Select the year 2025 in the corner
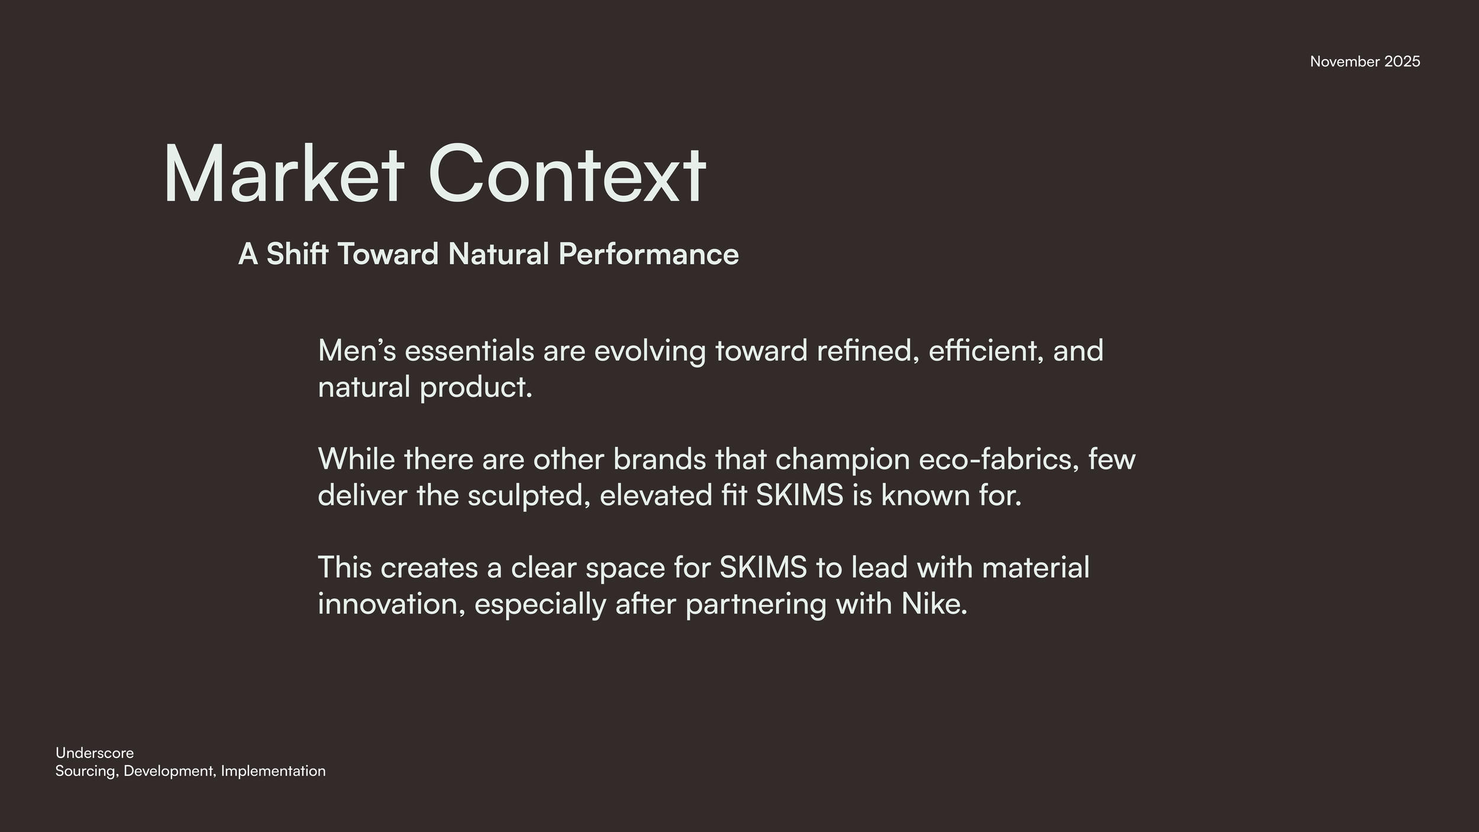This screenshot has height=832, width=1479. tap(1402, 62)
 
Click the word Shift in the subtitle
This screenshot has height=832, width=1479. tap(297, 254)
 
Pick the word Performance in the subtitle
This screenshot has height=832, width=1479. tap(648, 255)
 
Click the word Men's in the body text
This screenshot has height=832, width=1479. tap(357, 350)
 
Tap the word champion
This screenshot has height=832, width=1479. tap(842, 460)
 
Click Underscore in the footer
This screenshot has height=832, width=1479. tap(95, 753)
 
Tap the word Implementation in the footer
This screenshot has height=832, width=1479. tap(273, 772)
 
